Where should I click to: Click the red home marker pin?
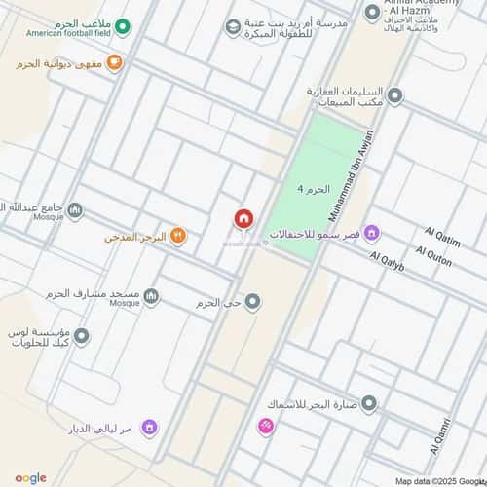(x=243, y=219)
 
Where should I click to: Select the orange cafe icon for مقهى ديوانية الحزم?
(x=115, y=63)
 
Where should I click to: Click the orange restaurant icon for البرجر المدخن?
(x=177, y=236)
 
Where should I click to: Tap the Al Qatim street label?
(x=441, y=237)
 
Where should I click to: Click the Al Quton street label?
(x=433, y=260)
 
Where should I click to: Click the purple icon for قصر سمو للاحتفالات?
(x=372, y=233)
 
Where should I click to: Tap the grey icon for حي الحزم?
(x=253, y=302)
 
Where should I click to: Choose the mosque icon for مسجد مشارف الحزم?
(x=151, y=296)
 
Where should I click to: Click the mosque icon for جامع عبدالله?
(x=76, y=209)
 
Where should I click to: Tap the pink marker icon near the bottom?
(x=265, y=427)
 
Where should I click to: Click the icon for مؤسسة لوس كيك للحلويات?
(x=82, y=336)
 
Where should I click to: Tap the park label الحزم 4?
(x=314, y=188)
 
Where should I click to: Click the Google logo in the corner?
(x=31, y=477)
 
